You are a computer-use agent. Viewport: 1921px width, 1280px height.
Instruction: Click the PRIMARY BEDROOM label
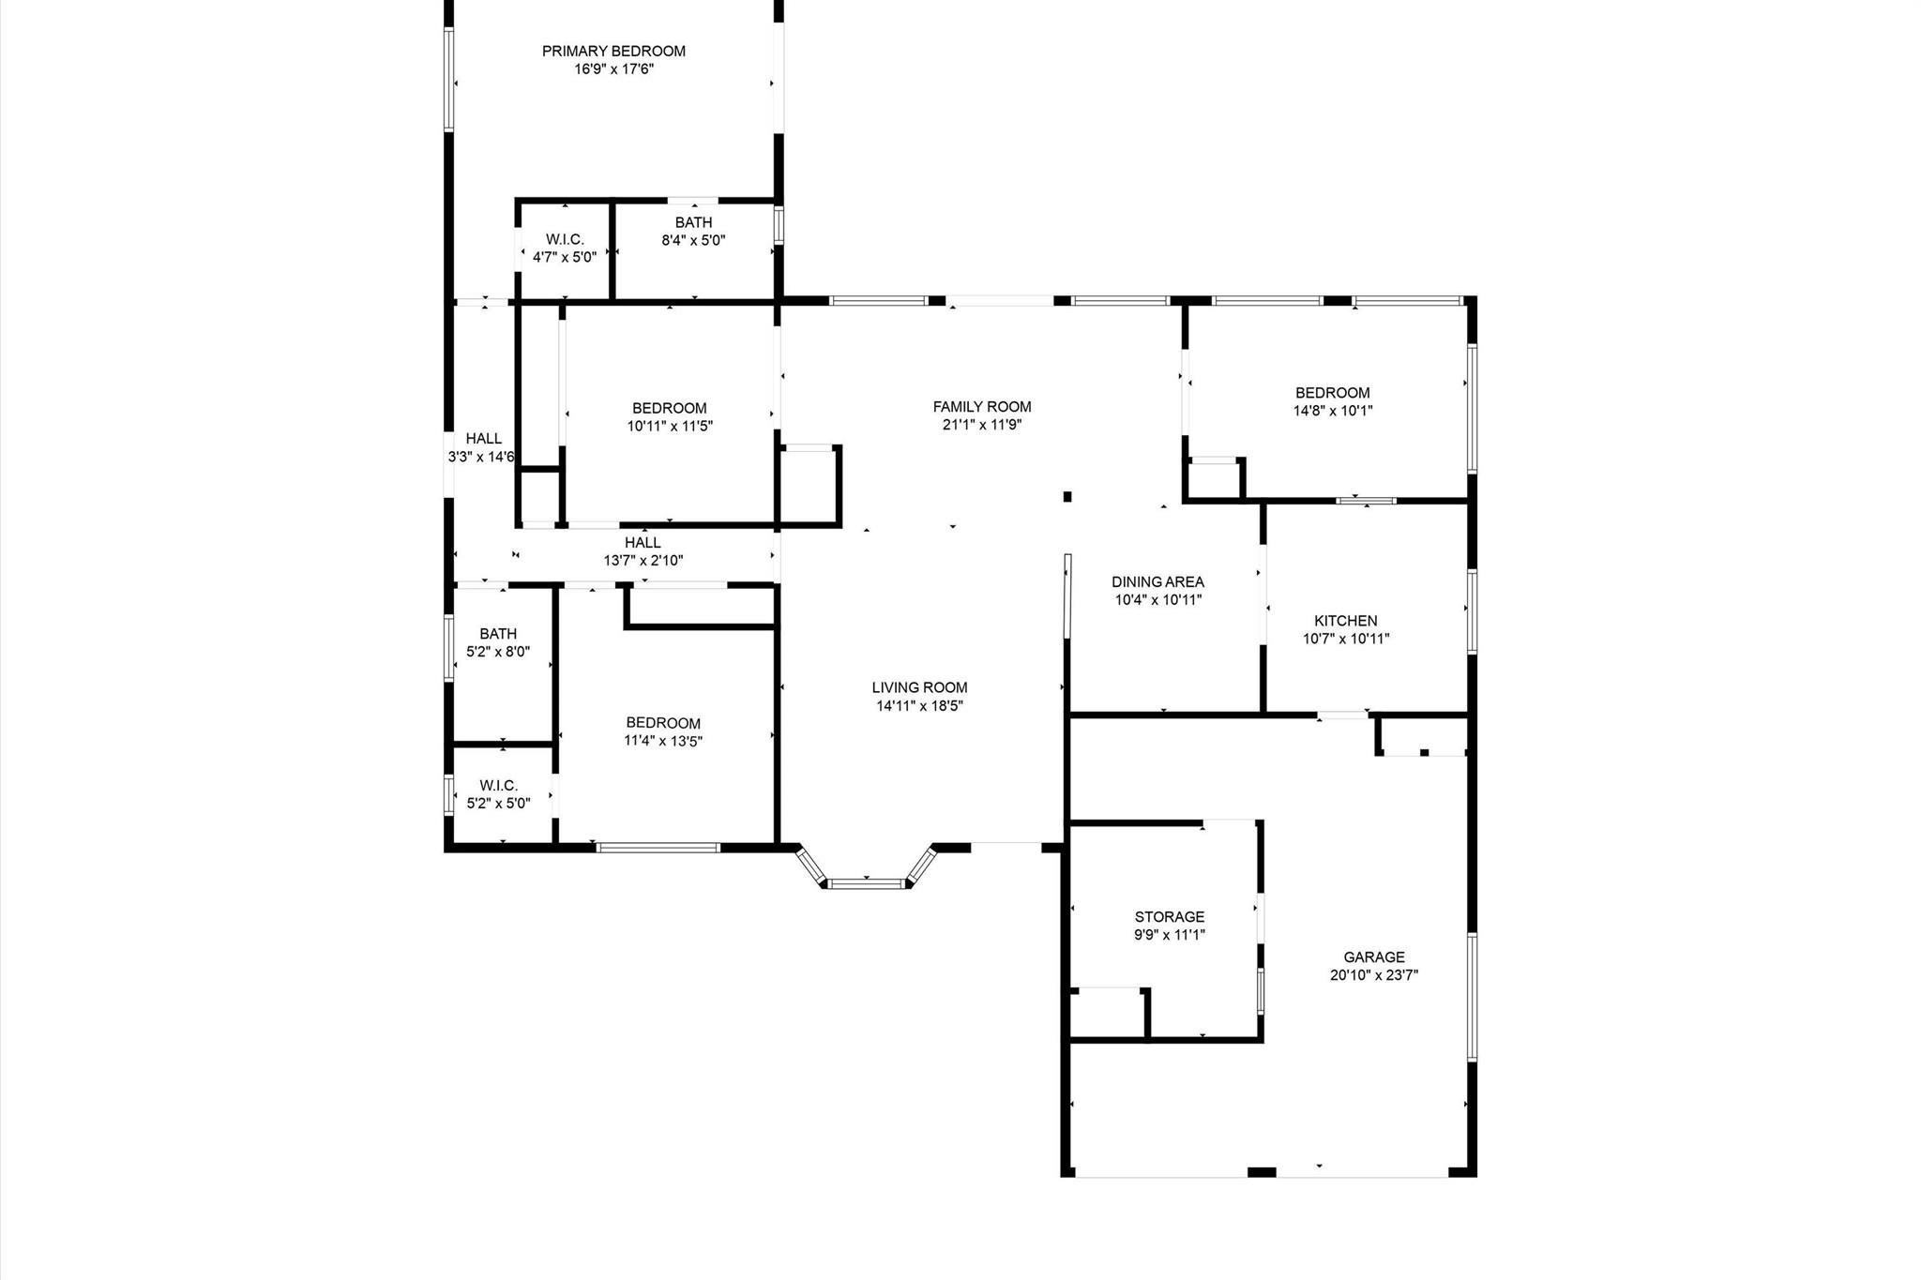coord(613,52)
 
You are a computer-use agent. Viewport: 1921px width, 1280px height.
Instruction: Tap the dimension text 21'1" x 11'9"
coord(982,425)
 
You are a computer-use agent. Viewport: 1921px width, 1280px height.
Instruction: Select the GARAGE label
coord(1374,957)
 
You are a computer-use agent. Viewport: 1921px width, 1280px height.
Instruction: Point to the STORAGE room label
coord(1170,917)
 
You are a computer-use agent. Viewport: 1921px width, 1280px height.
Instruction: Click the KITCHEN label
coord(1346,621)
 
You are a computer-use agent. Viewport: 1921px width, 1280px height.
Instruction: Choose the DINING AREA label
coord(1158,582)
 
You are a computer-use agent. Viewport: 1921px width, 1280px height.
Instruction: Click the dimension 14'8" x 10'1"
coord(1333,411)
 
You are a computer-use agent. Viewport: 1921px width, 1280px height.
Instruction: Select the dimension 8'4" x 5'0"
coord(693,240)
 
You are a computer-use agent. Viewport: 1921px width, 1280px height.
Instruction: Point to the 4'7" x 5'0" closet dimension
coord(565,257)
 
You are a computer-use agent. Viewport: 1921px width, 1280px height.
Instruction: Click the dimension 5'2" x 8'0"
coord(498,652)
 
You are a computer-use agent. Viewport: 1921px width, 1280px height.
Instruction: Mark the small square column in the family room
coord(1066,497)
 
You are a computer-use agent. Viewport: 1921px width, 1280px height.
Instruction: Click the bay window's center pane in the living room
coord(867,883)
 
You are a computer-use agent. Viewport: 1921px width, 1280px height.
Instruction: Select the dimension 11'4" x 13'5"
coord(663,741)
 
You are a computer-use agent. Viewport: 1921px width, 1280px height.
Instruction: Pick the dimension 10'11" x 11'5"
coord(670,426)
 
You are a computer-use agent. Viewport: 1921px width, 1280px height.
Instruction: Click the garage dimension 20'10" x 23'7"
coord(1374,975)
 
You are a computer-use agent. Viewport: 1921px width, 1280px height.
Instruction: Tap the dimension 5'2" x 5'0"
coord(498,804)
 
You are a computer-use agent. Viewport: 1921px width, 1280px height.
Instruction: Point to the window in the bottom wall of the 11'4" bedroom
coord(658,848)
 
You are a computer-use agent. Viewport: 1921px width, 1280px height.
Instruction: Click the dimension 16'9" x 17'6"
coord(613,69)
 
